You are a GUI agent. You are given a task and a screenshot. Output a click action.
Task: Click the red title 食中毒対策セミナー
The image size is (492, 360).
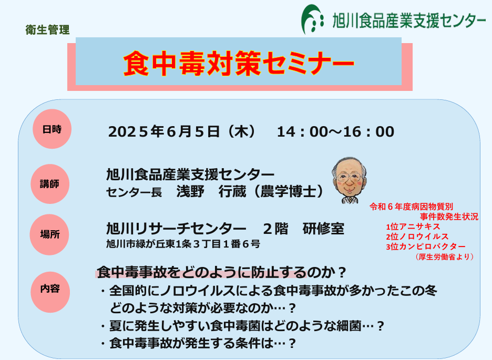click(x=239, y=63)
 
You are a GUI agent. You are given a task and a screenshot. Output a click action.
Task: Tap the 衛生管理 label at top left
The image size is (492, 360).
click(x=47, y=30)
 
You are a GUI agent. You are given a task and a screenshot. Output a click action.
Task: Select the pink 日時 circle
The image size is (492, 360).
click(x=52, y=129)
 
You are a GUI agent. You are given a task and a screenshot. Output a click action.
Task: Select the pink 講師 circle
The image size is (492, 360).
click(x=50, y=184)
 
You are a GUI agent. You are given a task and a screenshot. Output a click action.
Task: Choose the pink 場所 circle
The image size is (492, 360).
click(x=49, y=234)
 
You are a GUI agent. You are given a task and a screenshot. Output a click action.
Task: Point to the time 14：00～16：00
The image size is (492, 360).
click(x=335, y=132)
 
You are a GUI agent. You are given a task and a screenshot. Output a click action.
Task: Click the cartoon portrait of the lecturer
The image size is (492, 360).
click(x=349, y=180)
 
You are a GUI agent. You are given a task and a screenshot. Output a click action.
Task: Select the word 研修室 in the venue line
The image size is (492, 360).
click(x=323, y=229)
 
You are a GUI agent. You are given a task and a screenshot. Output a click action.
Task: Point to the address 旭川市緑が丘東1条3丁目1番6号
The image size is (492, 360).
click(x=183, y=244)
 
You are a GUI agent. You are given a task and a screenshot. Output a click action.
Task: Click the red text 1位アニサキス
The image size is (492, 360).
click(x=413, y=227)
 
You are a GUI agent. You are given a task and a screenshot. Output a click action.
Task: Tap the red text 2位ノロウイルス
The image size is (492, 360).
click(x=417, y=236)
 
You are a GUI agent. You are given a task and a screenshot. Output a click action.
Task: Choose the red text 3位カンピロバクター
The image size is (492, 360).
click(x=425, y=246)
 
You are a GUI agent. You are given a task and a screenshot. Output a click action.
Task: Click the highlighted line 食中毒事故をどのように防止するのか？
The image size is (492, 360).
click(x=221, y=272)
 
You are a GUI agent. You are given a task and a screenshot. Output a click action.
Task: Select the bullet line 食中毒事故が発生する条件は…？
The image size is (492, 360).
click(x=199, y=343)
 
